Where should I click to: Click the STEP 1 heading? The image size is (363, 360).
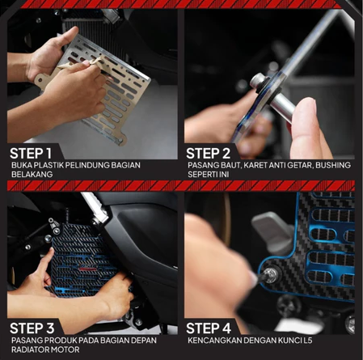(x=31, y=153)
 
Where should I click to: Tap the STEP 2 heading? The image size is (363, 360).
(x=208, y=153)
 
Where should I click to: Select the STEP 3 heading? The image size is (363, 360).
(x=32, y=328)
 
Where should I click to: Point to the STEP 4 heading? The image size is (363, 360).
(x=209, y=328)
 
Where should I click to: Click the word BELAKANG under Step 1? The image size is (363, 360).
(x=32, y=174)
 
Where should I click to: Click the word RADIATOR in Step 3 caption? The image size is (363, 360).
(x=28, y=349)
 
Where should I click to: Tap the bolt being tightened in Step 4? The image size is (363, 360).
(x=271, y=275)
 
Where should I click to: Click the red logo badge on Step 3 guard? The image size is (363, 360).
(x=87, y=268)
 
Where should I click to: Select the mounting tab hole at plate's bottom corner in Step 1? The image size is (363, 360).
(x=120, y=141)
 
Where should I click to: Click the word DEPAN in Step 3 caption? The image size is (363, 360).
(x=144, y=341)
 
